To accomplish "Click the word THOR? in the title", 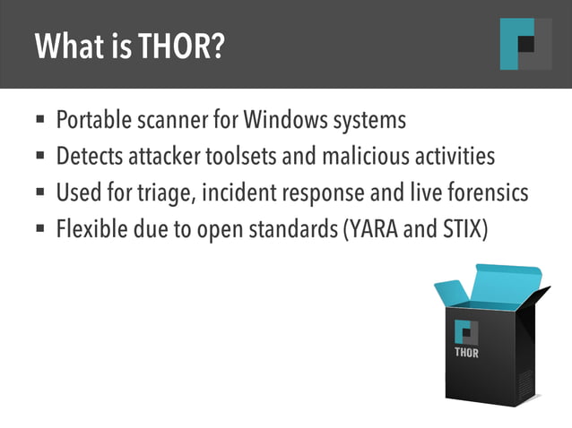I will (x=180, y=45).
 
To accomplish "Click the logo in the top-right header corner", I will (x=525, y=44).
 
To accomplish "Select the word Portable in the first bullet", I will (x=92, y=120).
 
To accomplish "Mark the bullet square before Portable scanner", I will (x=40, y=120).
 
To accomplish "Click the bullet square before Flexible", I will (x=40, y=228).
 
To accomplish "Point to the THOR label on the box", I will (x=466, y=353).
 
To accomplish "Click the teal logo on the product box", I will (x=466, y=330).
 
